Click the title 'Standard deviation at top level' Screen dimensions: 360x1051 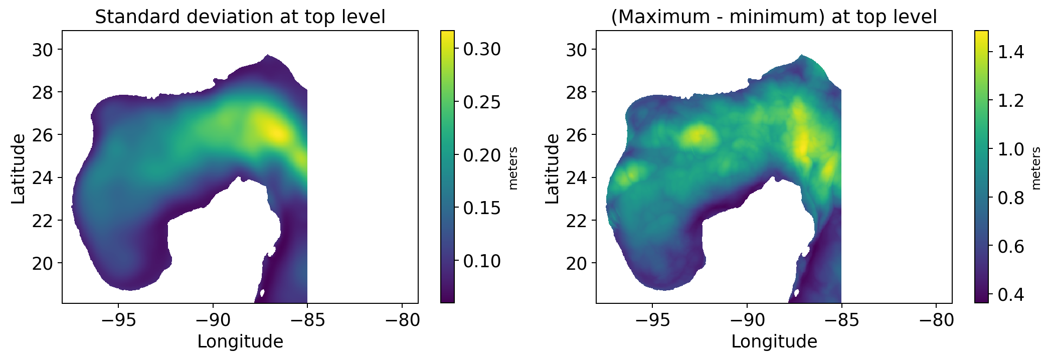click(x=240, y=17)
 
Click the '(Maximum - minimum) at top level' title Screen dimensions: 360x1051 click(x=774, y=17)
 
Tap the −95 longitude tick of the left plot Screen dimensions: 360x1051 click(x=118, y=319)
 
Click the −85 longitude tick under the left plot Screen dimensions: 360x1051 click(x=307, y=319)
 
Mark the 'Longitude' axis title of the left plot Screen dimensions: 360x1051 click(x=240, y=342)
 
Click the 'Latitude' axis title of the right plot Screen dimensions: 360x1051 click(x=552, y=168)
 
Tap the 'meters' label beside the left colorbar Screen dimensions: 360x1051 click(x=512, y=168)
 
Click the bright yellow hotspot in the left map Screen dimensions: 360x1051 click(x=276, y=133)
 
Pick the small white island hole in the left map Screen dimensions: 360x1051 click(x=262, y=293)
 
